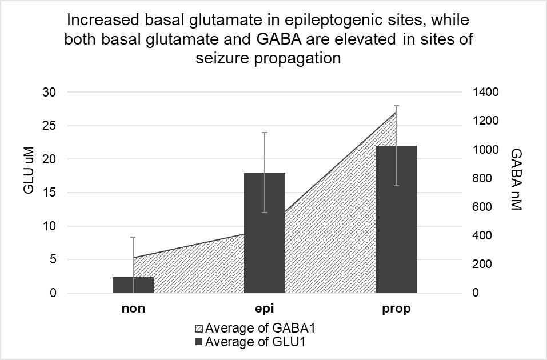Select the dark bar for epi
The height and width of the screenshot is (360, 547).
[x=265, y=233]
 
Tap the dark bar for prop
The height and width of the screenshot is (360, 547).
[x=396, y=219]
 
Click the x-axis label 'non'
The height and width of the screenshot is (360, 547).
[x=133, y=309]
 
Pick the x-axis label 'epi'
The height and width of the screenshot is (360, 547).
[x=265, y=309]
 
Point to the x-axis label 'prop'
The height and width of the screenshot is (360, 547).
[x=396, y=309]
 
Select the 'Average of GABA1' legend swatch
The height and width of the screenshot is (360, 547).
[x=199, y=330]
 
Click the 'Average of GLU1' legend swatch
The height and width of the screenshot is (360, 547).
[x=199, y=342]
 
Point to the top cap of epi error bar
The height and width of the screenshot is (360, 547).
[x=265, y=133]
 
